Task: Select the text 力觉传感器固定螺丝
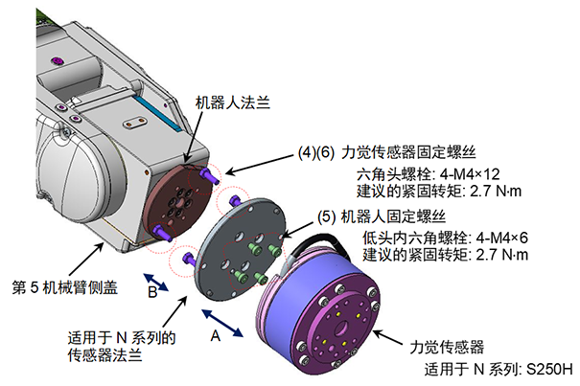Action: click(424, 150)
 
